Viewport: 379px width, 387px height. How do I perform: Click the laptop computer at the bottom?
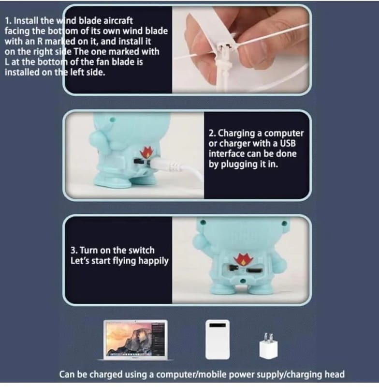click(135, 340)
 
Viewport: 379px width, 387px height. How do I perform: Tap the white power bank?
click(218, 340)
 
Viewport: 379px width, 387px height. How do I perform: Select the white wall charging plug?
click(268, 346)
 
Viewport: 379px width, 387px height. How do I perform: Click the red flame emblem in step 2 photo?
click(146, 153)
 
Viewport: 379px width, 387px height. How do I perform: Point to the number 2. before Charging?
click(212, 133)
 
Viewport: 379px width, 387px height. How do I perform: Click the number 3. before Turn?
click(74, 250)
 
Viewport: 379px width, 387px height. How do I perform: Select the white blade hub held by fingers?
click(224, 47)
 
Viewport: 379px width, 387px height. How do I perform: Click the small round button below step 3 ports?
click(243, 281)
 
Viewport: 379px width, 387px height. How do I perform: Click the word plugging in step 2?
click(239, 164)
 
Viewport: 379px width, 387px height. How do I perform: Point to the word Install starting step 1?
click(27, 21)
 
